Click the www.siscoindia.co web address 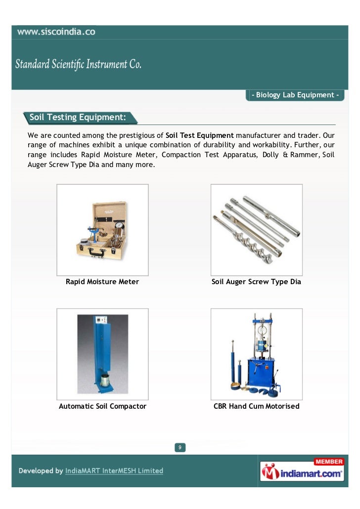click(56, 33)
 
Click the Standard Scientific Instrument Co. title click(79, 65)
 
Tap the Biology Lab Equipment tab click(295, 95)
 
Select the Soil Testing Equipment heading click(78, 118)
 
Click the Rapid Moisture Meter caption click(102, 282)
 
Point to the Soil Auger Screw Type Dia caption click(256, 282)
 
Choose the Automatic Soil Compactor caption click(102, 406)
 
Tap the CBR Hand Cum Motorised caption click(256, 406)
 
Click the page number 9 click(180, 448)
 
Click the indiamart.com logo click(303, 473)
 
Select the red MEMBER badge click(329, 462)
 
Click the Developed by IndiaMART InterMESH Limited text click(91, 471)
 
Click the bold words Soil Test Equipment click(200, 135)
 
